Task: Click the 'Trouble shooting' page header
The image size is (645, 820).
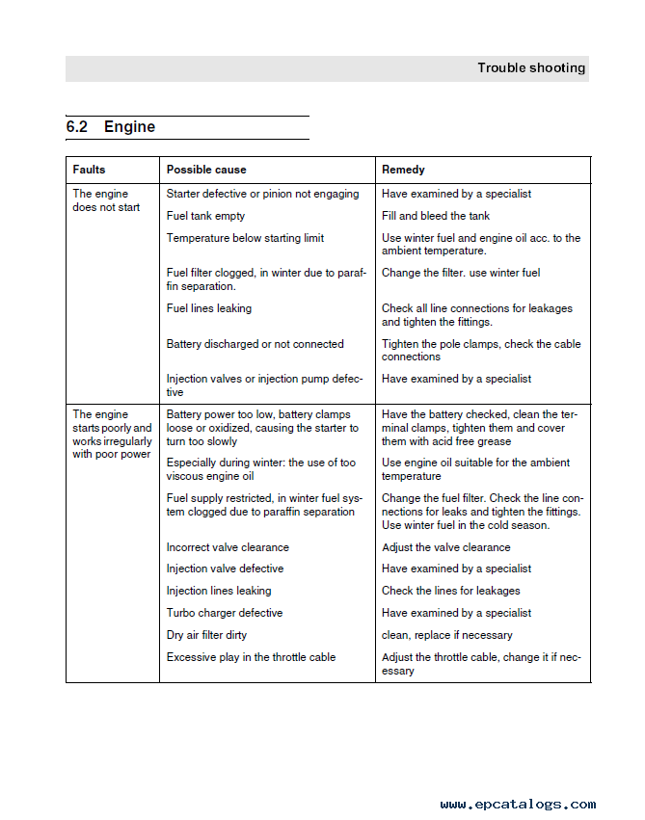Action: (x=530, y=68)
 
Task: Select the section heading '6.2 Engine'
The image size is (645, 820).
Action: (x=111, y=127)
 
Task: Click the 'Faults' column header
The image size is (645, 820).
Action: (x=90, y=170)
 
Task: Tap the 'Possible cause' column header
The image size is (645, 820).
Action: (x=206, y=170)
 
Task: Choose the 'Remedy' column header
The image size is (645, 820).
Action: (x=403, y=170)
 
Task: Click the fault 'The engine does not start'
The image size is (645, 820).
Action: (x=106, y=200)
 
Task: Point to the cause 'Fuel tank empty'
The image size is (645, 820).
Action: (x=205, y=216)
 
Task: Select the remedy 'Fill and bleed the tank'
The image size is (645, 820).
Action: (x=436, y=216)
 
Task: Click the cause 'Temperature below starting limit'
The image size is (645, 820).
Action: (x=245, y=238)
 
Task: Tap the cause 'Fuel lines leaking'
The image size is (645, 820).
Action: (x=209, y=308)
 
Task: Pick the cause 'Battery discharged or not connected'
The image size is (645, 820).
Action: (x=255, y=344)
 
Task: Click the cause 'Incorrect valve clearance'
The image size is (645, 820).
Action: (x=228, y=547)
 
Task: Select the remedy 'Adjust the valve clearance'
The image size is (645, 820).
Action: (x=446, y=547)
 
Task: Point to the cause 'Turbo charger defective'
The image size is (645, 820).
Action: (x=225, y=613)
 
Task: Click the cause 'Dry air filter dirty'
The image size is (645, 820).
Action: (x=207, y=635)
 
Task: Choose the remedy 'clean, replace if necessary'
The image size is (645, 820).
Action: (x=447, y=635)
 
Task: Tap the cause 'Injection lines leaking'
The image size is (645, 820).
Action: (x=219, y=591)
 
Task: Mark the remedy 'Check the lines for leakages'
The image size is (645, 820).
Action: (x=450, y=591)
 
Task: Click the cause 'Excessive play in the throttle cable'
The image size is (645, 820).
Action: (x=251, y=657)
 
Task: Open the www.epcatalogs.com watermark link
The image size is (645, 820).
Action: (x=518, y=805)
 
